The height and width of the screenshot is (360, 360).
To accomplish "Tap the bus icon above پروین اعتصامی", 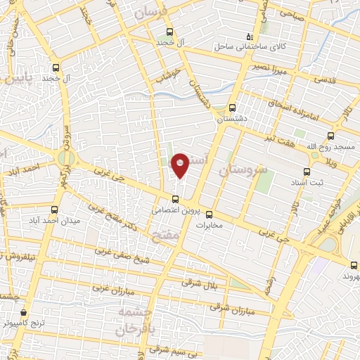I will [176, 198].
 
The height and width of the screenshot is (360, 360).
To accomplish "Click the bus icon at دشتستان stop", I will [232, 108].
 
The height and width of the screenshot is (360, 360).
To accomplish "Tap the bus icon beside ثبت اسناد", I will [306, 171].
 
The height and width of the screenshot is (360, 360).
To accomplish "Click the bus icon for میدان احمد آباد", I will [56, 210].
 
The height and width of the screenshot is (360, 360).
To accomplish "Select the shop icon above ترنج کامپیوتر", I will [24, 311].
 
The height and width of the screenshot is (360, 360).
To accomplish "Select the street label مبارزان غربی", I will [111, 288].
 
